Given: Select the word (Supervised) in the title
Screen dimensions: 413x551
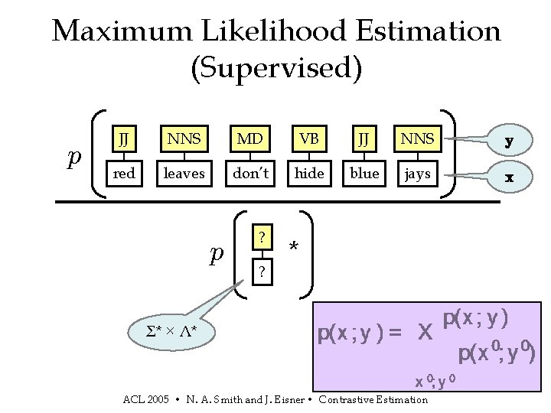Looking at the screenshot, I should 275,68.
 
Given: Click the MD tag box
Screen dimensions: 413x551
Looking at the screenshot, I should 250,139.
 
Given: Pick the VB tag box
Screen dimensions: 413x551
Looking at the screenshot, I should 309,139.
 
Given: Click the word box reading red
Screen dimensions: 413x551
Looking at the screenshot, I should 124,174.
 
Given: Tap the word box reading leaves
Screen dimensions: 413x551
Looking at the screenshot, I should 184,174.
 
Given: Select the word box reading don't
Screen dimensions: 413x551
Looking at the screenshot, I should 250,174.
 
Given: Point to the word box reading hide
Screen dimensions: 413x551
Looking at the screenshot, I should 309,174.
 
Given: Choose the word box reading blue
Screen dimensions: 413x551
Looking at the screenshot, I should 364,174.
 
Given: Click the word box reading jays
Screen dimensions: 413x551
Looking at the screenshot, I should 417,174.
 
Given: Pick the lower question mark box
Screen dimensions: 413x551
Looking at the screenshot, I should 262,271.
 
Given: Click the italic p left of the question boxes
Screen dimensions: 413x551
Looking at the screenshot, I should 217,254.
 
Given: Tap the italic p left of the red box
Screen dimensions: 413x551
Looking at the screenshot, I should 74,157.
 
